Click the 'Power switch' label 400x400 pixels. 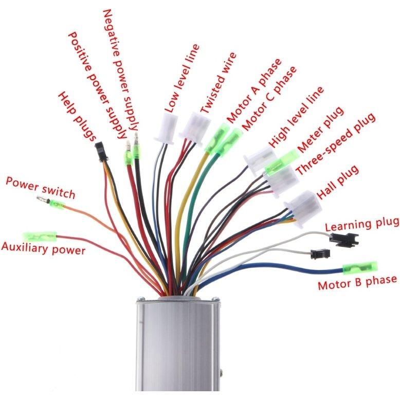coord(40,188)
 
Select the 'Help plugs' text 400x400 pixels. coord(77,116)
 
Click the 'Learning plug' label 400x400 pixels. coord(362,224)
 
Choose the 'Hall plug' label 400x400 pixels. coord(338,181)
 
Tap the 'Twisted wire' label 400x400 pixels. coord(218,83)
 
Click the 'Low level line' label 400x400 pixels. coord(181,78)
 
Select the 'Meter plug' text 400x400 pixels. coord(320,130)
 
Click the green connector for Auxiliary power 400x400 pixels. coord(40,237)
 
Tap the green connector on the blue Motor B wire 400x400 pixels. coord(360,267)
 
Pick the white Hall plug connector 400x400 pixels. coord(303,209)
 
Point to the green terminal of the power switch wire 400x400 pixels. coord(57,204)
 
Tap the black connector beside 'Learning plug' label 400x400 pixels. coord(344,239)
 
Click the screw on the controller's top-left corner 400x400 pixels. coord(140,299)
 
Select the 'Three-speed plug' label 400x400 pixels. coord(336,143)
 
